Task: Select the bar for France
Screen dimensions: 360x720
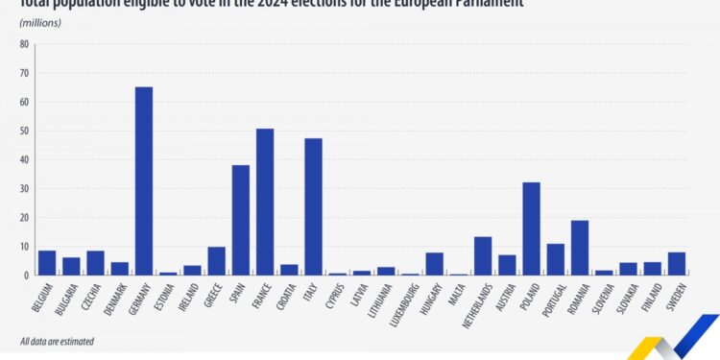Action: point(265,202)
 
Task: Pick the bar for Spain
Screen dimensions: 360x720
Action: point(241,220)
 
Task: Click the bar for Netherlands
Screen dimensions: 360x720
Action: point(483,255)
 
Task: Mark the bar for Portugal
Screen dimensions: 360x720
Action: point(556,259)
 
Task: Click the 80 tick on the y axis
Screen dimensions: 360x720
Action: point(24,44)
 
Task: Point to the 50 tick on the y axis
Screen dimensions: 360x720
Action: point(24,131)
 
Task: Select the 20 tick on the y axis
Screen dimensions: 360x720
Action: point(24,217)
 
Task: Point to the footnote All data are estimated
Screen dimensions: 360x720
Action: point(57,341)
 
